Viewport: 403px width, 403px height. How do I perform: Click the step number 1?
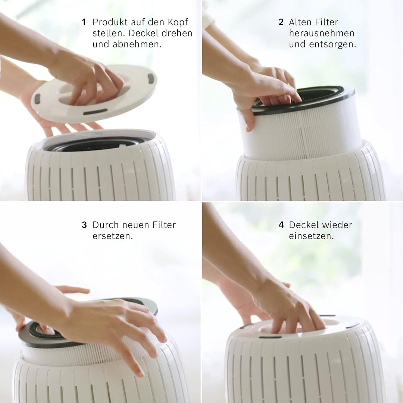click(x=84, y=22)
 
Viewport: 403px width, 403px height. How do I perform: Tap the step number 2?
click(x=281, y=22)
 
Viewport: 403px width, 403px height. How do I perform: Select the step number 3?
click(x=84, y=225)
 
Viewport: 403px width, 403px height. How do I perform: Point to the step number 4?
click(x=281, y=225)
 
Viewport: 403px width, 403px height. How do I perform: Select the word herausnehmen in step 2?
click(x=321, y=33)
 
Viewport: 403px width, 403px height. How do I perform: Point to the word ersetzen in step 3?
click(x=112, y=236)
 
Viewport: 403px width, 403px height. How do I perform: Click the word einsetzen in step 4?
click(x=311, y=236)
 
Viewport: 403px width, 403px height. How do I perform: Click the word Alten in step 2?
click(x=300, y=22)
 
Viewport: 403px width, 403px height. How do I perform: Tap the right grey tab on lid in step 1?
click(x=150, y=78)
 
